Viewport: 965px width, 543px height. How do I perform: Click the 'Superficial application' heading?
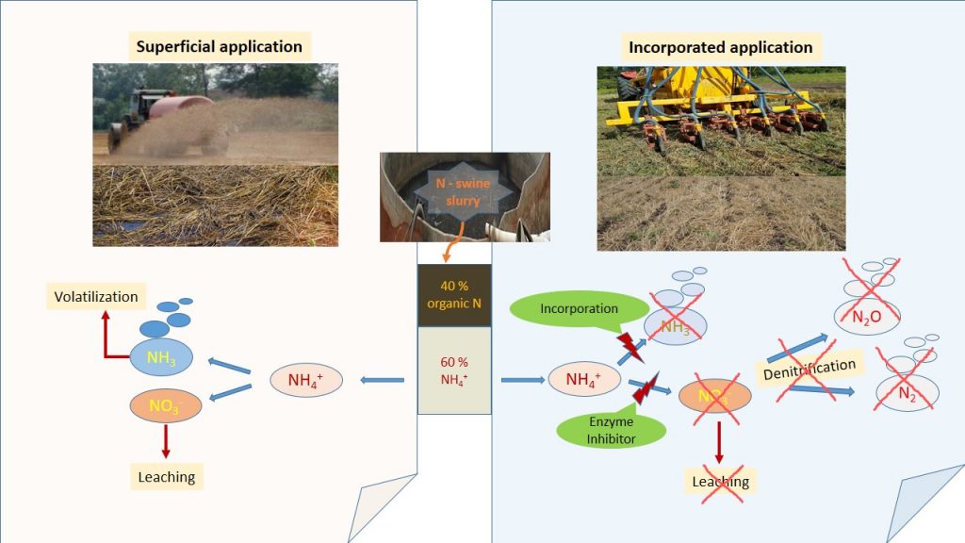point(219,46)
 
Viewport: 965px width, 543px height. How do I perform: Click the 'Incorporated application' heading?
point(720,46)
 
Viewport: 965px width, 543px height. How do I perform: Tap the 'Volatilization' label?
point(96,297)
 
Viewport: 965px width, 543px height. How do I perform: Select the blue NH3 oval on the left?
point(160,357)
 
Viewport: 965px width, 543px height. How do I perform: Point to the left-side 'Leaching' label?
point(167,477)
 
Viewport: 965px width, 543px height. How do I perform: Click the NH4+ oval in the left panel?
point(304,380)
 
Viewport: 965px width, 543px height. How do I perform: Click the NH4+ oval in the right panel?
point(585,380)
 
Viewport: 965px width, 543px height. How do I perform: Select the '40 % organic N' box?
point(453,294)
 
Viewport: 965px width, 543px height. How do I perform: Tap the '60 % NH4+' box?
point(453,370)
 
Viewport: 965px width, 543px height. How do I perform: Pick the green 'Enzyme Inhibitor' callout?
point(611,430)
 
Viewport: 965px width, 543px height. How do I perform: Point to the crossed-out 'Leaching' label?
point(721,482)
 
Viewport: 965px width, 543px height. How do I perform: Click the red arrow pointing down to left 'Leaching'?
point(166,440)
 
